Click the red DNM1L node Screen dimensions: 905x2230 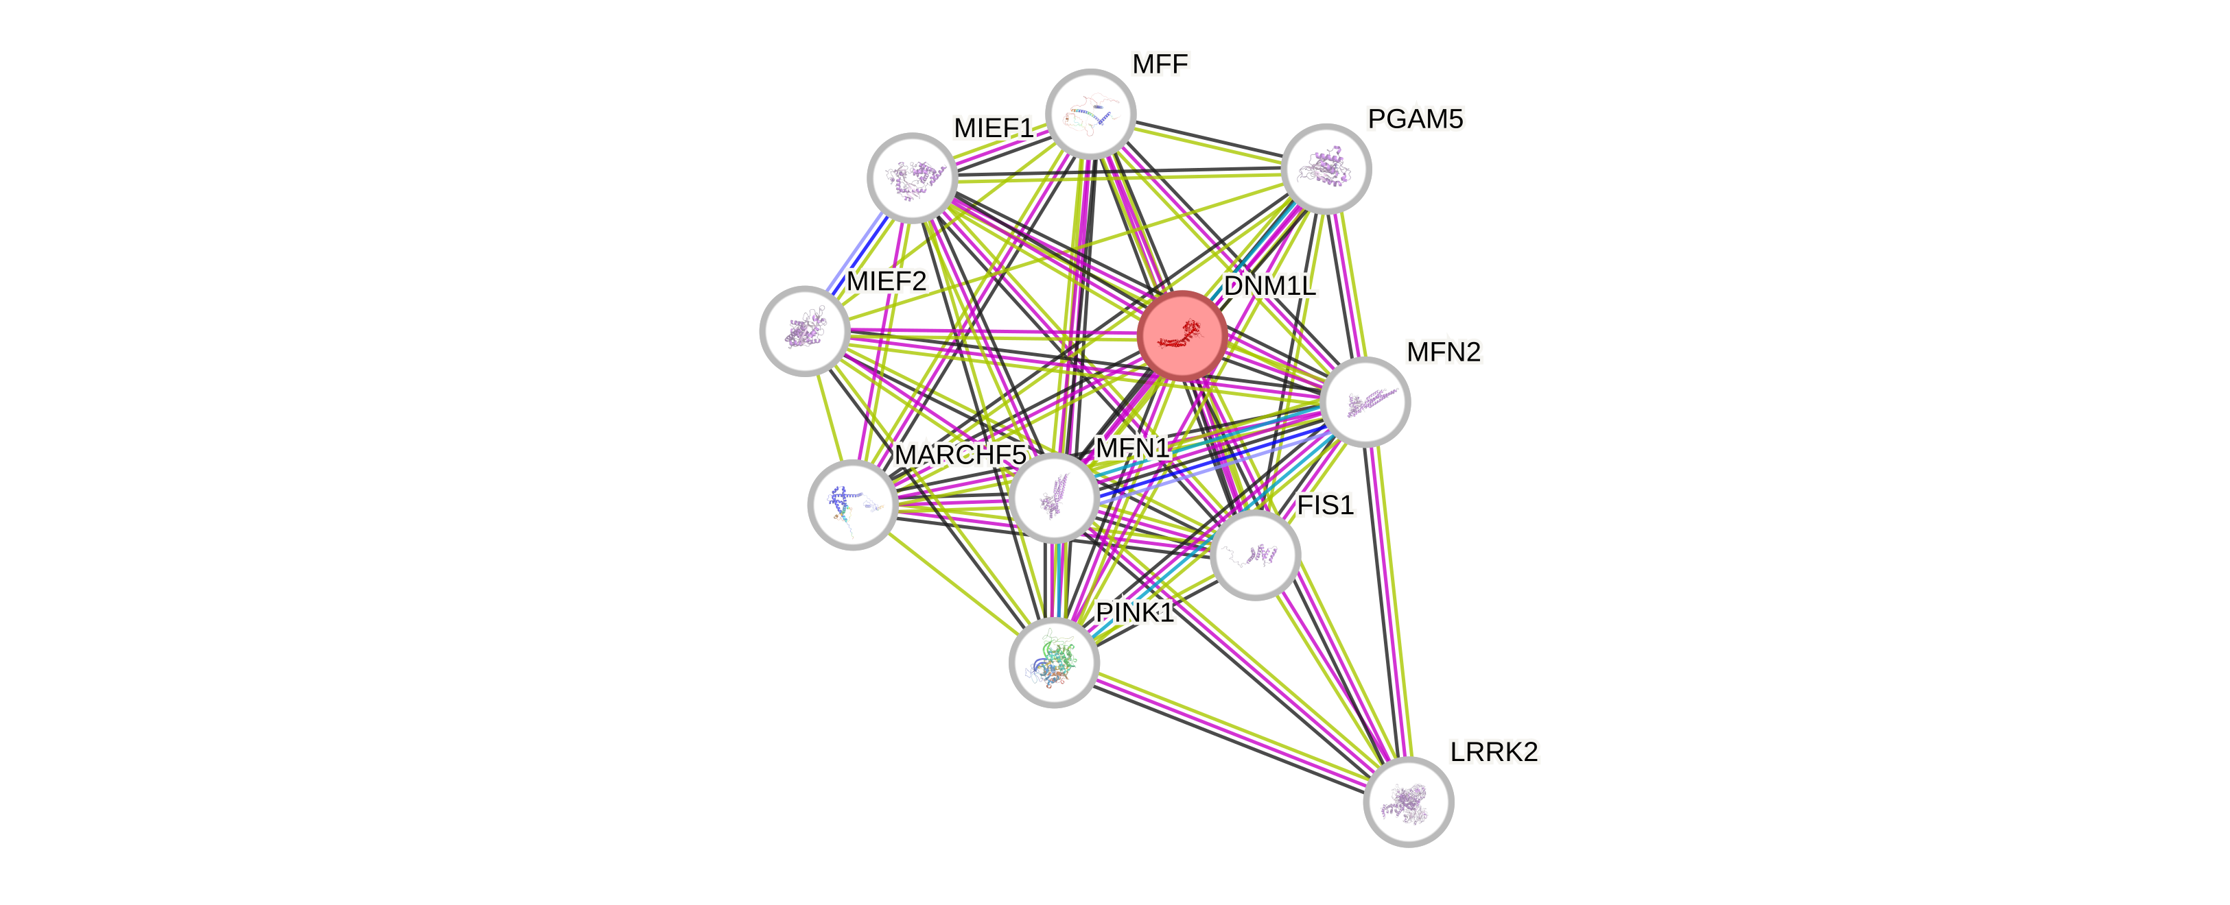[1182, 336]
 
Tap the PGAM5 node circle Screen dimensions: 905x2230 [1326, 169]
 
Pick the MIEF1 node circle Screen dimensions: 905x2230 [912, 178]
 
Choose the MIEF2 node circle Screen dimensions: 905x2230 [804, 330]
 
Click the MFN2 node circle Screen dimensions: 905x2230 [1366, 402]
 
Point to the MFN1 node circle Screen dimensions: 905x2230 [1055, 498]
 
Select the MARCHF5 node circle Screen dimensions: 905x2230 [852, 505]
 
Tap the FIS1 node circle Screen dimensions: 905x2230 [1255, 555]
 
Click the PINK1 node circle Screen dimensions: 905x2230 [1053, 663]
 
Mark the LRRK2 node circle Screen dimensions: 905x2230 [1409, 802]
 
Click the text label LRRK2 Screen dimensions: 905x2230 [1494, 752]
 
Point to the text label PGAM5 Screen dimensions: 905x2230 [1416, 119]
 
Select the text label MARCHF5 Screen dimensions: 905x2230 [959, 455]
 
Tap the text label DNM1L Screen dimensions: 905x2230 [1270, 287]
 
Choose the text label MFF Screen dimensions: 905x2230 [1160, 63]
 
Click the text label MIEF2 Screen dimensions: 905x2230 [887, 281]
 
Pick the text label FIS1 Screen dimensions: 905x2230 [1324, 505]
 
